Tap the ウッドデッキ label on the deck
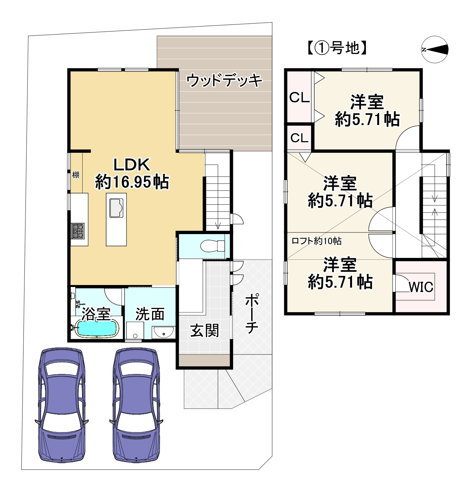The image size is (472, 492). pyautogui.click(x=224, y=80)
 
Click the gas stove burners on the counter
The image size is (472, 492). pyautogui.click(x=78, y=231)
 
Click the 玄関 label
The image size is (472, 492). pyautogui.click(x=205, y=330)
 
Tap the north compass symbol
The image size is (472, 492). pyautogui.click(x=435, y=50)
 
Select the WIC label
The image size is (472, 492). pyautogui.click(x=421, y=287)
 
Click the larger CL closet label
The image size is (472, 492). pyautogui.click(x=299, y=98)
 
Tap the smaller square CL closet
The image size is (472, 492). pyautogui.click(x=299, y=138)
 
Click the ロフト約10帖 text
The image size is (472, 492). pyautogui.click(x=316, y=241)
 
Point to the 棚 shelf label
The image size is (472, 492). pyautogui.click(x=76, y=175)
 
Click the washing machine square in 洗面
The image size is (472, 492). pyautogui.click(x=135, y=330)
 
